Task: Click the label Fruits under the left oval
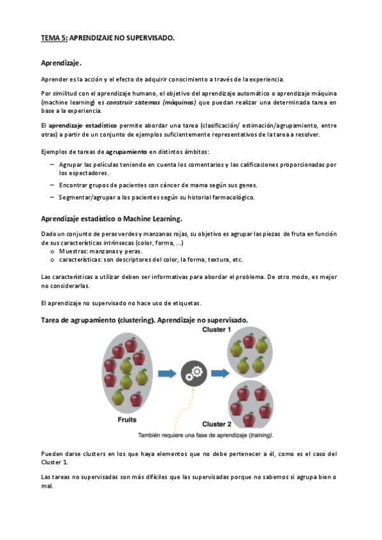[x=127, y=420]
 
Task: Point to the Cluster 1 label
[x=217, y=329]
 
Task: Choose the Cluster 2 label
[x=217, y=424]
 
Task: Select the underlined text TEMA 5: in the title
[x=54, y=38]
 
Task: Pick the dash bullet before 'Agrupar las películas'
[x=52, y=164]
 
